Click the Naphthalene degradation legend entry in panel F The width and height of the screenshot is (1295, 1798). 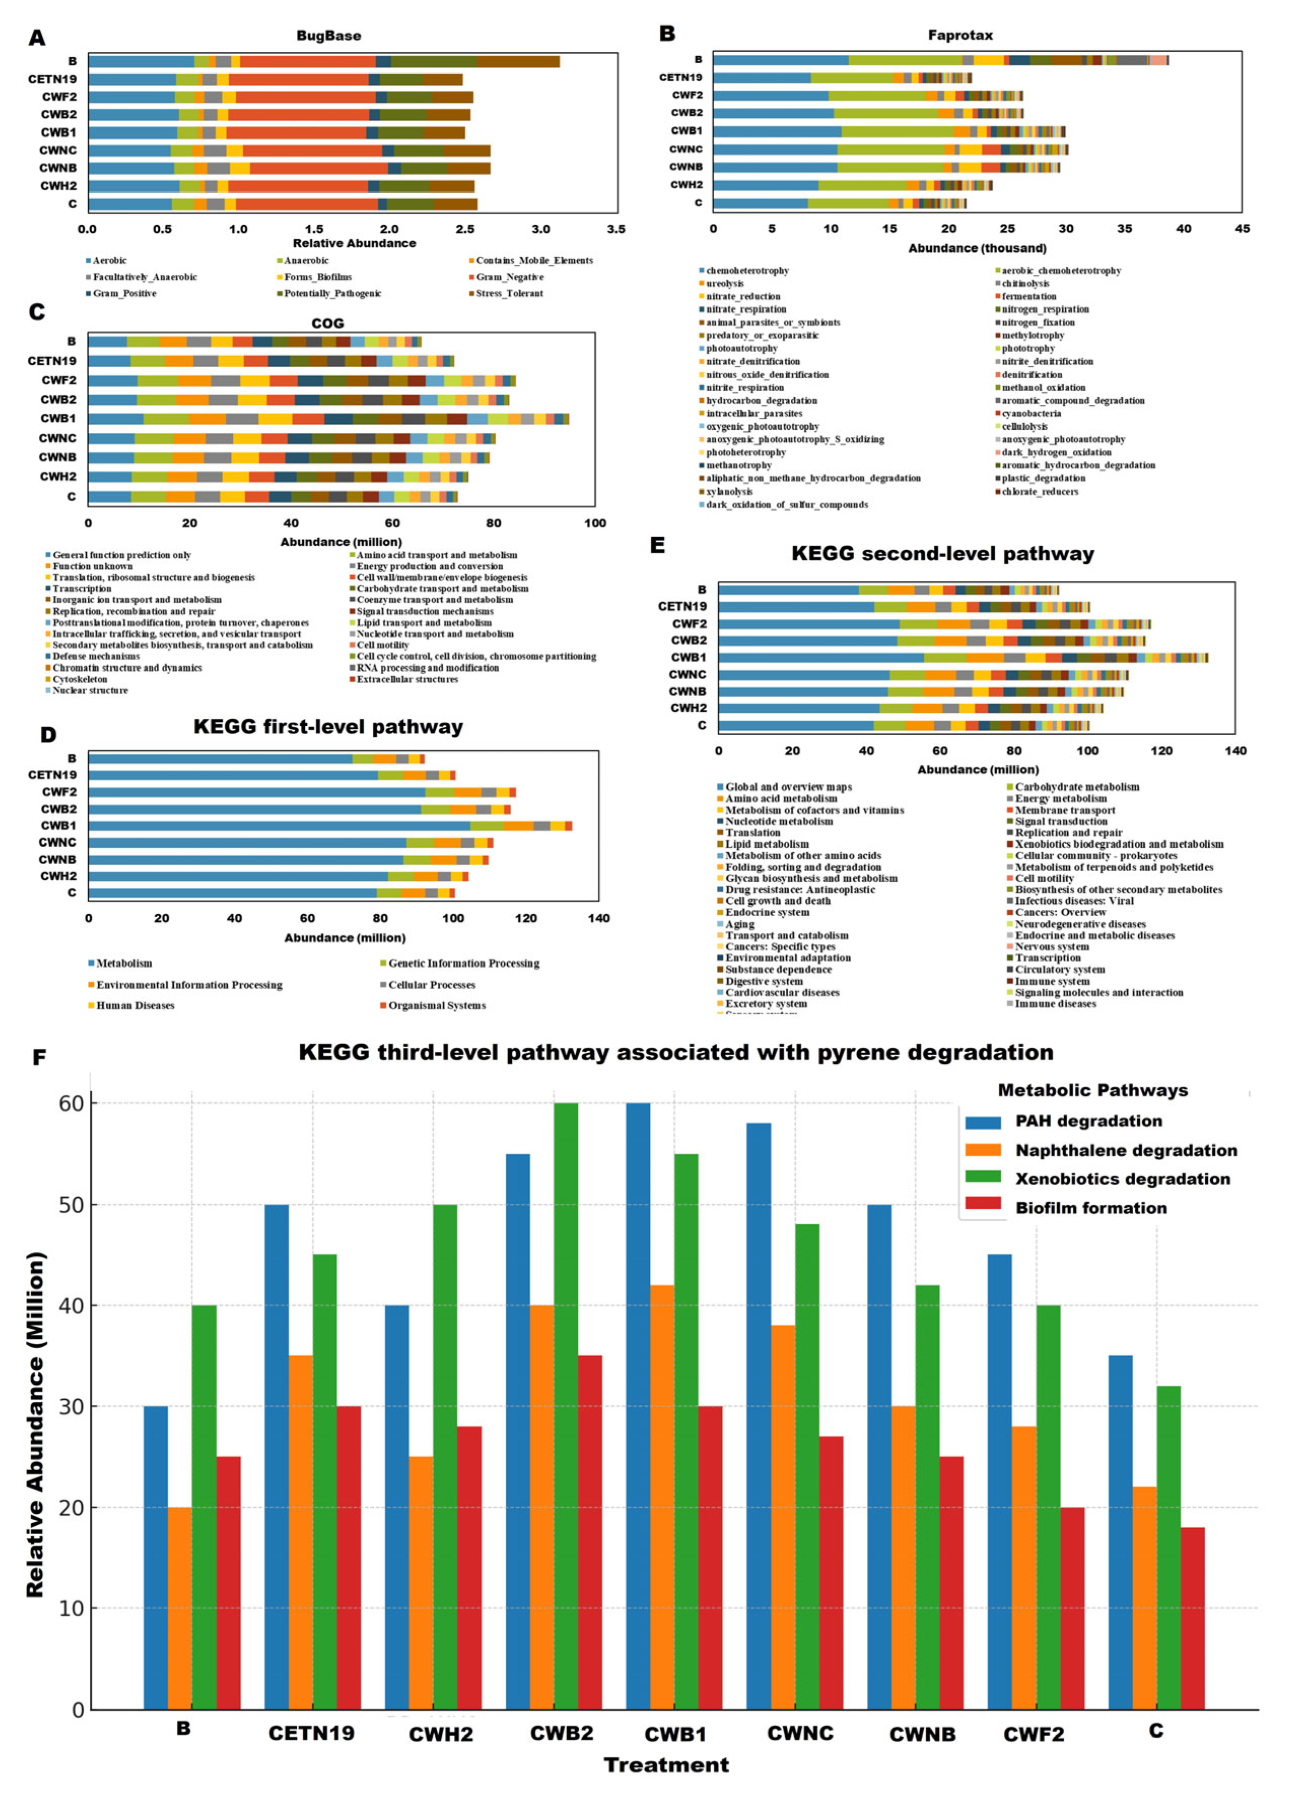[x=1126, y=1150]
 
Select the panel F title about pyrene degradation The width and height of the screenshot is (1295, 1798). [x=675, y=1053]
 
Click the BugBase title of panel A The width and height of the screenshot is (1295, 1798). [x=328, y=36]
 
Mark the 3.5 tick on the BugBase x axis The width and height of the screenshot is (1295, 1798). [x=616, y=229]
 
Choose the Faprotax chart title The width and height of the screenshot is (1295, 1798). [x=960, y=35]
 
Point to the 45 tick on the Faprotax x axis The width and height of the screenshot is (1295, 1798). [x=1242, y=228]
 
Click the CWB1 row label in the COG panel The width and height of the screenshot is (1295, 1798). [x=59, y=419]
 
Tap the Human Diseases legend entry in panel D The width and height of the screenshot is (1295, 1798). [x=135, y=1005]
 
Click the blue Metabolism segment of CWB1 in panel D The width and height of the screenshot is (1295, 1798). [x=277, y=825]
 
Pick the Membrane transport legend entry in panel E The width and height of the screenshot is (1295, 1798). [x=1064, y=809]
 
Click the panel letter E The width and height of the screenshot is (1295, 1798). [x=657, y=545]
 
